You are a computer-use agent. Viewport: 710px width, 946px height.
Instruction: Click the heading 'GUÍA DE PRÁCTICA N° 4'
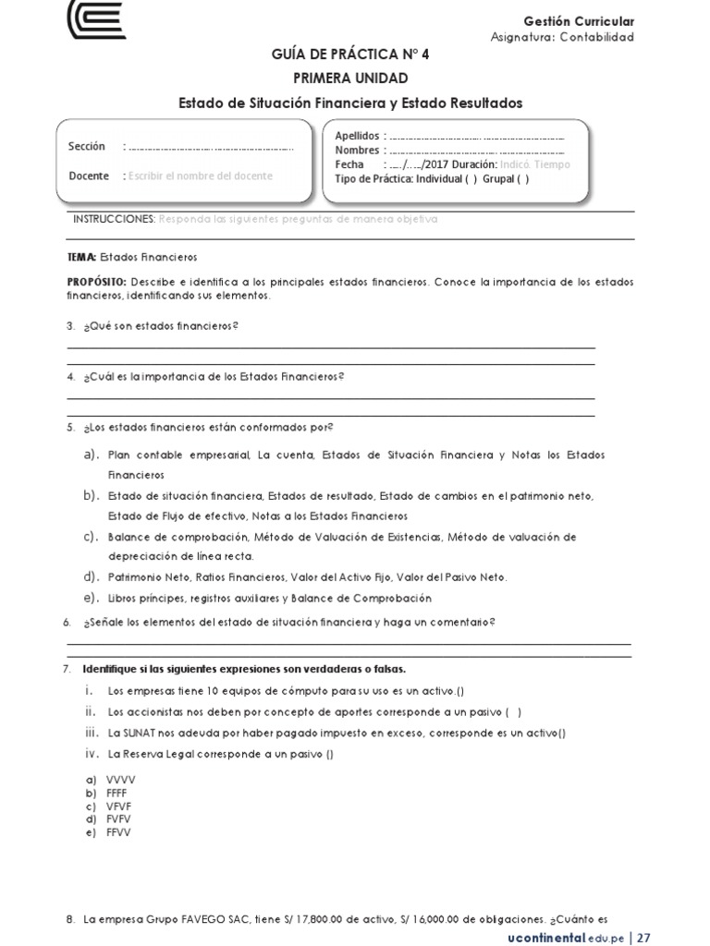point(350,55)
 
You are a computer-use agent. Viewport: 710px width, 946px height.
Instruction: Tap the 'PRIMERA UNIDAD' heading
point(350,79)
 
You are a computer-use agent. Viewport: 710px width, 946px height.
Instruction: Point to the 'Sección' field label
point(86,147)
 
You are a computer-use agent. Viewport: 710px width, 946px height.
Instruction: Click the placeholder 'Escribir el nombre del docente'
point(201,176)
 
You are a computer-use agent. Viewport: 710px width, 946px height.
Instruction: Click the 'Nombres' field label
point(357,150)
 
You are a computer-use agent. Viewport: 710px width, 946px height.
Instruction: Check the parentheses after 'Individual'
point(471,178)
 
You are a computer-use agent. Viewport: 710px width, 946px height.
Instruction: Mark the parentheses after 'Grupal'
point(524,178)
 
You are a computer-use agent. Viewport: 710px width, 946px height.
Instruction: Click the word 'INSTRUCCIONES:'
point(114,219)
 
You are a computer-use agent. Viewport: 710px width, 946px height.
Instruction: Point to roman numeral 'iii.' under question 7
point(91,733)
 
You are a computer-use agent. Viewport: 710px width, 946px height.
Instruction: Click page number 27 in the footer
point(643,937)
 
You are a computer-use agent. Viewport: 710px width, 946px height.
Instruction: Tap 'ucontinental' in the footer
point(547,937)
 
